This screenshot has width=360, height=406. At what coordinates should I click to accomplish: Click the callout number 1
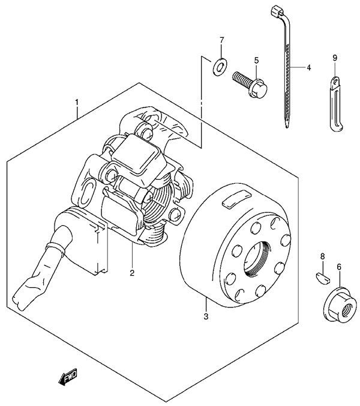point(77,103)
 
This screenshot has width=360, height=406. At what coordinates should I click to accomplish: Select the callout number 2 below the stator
point(132,273)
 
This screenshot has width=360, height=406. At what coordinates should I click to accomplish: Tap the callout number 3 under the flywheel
point(206,316)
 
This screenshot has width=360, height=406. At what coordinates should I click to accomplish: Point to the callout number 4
point(308,68)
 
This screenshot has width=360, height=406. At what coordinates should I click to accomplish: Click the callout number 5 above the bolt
point(256,60)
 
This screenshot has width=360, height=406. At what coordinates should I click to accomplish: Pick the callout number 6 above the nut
point(339,267)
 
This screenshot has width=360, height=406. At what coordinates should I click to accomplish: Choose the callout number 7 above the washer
point(221,40)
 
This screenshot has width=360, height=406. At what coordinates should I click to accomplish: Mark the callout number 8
point(322,256)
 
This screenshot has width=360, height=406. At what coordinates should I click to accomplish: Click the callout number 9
point(335,58)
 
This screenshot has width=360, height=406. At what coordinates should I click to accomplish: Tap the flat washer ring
point(220,67)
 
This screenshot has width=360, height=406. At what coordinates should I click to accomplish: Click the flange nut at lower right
point(338,306)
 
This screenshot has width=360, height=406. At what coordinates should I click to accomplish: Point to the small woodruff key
point(323,278)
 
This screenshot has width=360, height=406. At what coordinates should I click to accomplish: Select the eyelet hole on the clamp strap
point(335,82)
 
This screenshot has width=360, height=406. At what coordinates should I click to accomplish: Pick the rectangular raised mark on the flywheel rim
point(236,198)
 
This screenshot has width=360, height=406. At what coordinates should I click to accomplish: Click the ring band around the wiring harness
point(55,247)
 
